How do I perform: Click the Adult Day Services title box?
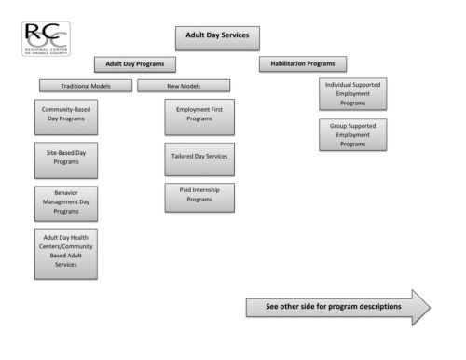click(x=216, y=36)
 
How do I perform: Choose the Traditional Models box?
click(x=85, y=86)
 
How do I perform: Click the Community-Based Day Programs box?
click(x=66, y=118)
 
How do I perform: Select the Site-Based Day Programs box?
click(x=66, y=158)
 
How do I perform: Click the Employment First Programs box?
click(x=199, y=118)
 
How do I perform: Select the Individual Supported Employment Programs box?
click(x=352, y=93)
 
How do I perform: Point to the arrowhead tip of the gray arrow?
click(x=429, y=306)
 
